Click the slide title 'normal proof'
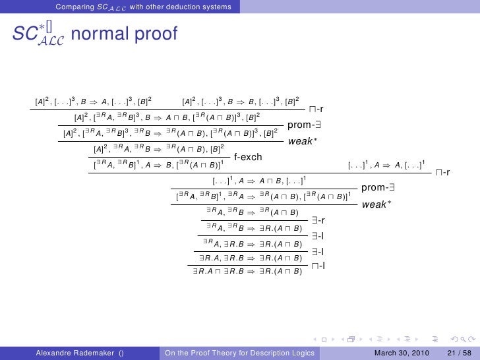123,34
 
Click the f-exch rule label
249,157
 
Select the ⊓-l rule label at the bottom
318,266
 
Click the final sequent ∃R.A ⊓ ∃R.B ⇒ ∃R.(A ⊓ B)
247,270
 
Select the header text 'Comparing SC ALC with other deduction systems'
143,7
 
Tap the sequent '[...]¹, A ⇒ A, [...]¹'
386,164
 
